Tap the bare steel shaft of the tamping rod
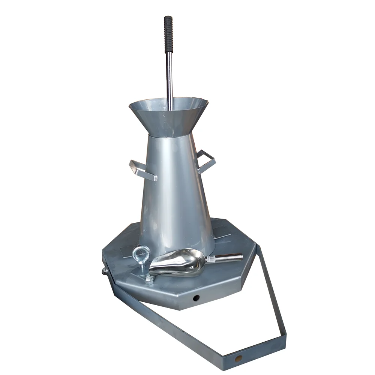click(169, 75)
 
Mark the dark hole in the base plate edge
click(196, 298)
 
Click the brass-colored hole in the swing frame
click(238, 358)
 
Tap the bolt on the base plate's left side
click(104, 271)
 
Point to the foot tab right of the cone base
click(223, 236)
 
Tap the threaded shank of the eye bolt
click(143, 268)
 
